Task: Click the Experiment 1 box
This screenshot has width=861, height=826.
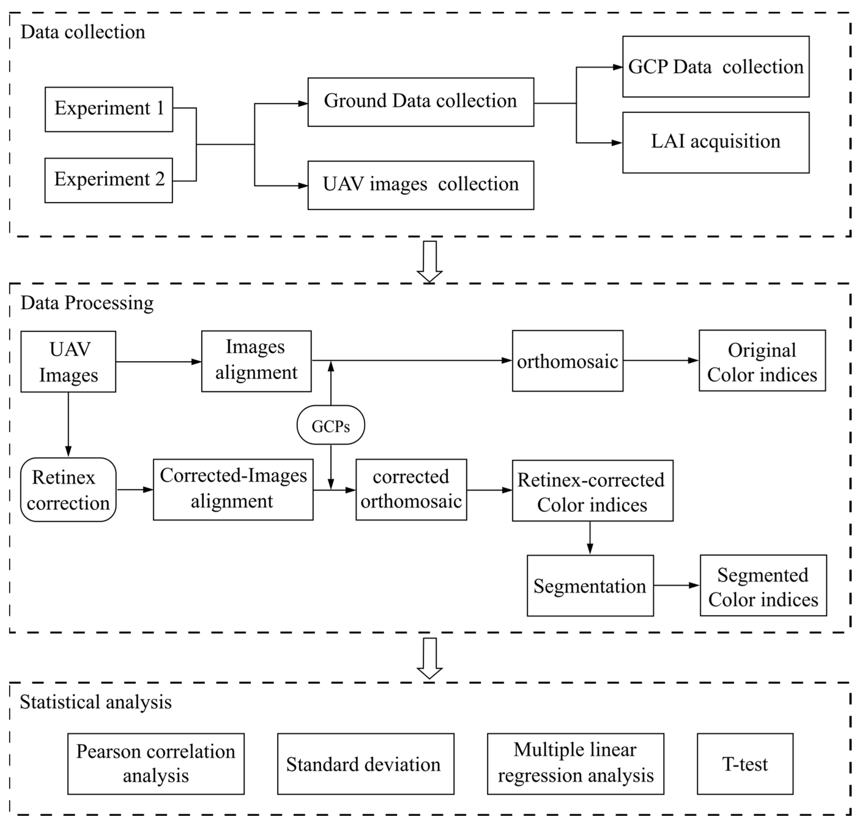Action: click(109, 109)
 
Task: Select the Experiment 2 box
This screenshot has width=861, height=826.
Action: click(109, 180)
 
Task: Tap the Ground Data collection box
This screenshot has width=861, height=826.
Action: click(420, 102)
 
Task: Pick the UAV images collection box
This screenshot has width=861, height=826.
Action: click(420, 185)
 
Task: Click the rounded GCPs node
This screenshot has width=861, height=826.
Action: click(330, 425)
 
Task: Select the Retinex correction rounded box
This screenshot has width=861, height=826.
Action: click(68, 490)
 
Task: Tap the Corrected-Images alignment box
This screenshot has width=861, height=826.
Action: click(233, 489)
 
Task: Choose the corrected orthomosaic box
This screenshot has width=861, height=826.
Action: click(411, 489)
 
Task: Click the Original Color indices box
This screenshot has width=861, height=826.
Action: click(762, 361)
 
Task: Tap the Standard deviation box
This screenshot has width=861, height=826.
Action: click(365, 764)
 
